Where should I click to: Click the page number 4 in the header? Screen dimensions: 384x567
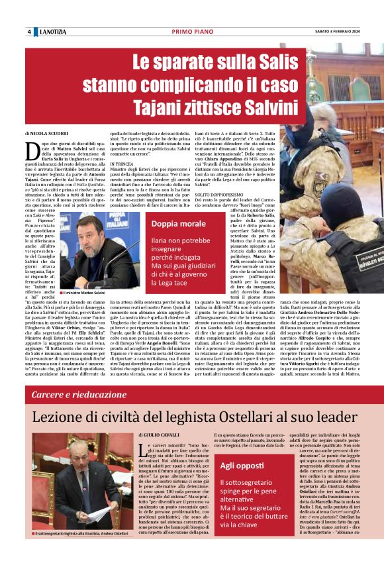29,32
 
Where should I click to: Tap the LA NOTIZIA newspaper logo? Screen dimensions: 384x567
53,32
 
